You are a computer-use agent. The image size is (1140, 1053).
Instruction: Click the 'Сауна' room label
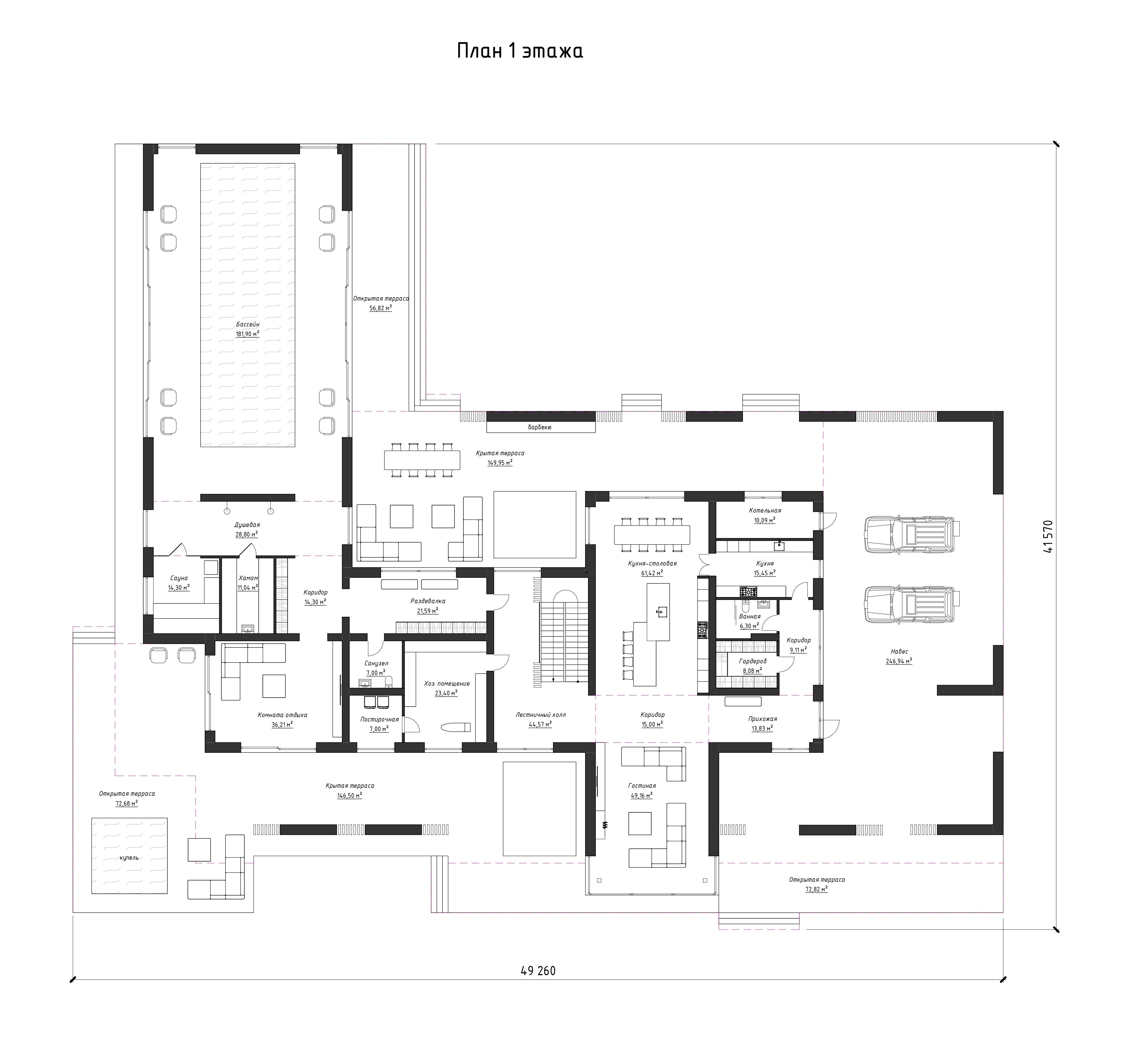click(x=179, y=578)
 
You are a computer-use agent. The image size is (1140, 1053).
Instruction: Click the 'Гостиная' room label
click(x=642, y=786)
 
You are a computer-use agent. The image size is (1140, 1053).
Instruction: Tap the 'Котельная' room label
click(x=765, y=510)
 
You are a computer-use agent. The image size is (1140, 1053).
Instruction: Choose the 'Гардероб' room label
click(x=753, y=661)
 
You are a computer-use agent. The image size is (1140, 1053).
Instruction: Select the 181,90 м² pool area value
click(x=248, y=334)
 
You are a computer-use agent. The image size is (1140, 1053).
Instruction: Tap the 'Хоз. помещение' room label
click(x=447, y=683)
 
